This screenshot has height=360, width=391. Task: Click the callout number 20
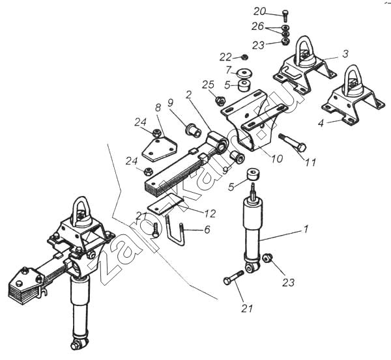coord(259,11)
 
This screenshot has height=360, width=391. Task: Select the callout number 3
coord(345,54)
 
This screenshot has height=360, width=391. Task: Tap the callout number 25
coord(208,85)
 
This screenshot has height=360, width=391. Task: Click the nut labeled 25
coord(220,101)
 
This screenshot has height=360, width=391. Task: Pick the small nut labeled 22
coord(243,57)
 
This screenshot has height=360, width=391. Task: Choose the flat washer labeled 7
coord(246,72)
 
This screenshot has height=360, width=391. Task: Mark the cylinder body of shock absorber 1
coord(251,228)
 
